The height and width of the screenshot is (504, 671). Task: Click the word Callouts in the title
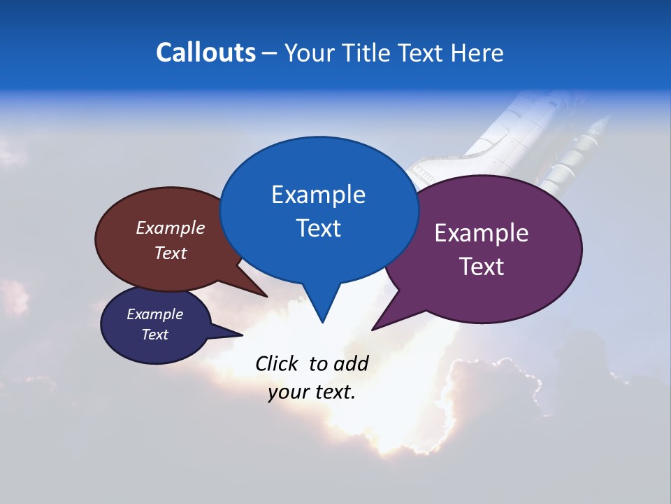click(x=205, y=52)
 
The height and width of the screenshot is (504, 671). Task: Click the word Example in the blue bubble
click(x=318, y=195)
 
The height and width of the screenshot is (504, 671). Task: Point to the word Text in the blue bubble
click(x=318, y=228)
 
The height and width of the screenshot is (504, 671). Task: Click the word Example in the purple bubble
click(x=482, y=233)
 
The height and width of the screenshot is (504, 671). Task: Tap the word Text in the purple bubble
click(x=482, y=267)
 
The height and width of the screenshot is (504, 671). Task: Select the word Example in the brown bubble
click(x=171, y=227)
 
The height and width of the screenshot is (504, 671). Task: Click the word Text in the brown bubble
click(x=171, y=253)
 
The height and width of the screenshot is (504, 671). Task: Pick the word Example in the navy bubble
click(x=154, y=314)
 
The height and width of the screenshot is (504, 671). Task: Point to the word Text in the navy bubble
click(x=154, y=335)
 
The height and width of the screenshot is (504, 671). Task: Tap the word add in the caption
click(x=351, y=363)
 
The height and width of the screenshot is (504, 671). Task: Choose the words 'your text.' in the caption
click(x=312, y=392)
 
